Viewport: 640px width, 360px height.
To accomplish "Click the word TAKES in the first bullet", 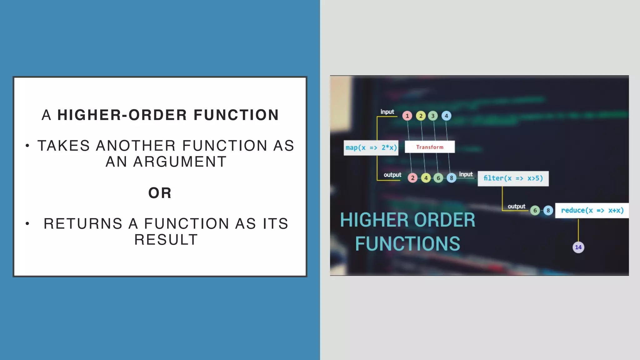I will pos(63,146).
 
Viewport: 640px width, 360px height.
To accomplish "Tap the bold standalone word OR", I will pos(160,193).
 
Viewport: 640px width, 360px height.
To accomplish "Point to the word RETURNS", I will pos(83,224).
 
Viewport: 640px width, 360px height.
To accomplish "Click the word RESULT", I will pos(166,240).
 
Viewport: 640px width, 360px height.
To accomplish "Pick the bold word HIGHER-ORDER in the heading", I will pos(122,115).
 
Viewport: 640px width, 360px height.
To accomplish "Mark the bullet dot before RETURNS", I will pos(27,223).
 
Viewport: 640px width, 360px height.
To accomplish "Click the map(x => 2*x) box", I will pos(371,147).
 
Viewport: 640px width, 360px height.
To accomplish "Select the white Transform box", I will pos(430,147).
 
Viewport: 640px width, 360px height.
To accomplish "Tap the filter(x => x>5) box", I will pos(513,178).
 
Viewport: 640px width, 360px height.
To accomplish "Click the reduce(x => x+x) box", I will pos(592,210).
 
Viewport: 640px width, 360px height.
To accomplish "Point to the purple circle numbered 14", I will pos(578,247).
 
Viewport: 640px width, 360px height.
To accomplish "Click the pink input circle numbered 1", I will pos(407,116).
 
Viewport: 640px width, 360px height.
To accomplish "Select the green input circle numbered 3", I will pos(433,116).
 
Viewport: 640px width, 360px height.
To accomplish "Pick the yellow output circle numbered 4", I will pos(426,178).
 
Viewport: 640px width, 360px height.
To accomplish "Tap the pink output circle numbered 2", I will pos(412,178).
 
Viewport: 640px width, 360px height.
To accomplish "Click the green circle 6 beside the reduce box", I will pos(535,210).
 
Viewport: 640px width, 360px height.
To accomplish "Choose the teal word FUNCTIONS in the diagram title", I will pos(407,244).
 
